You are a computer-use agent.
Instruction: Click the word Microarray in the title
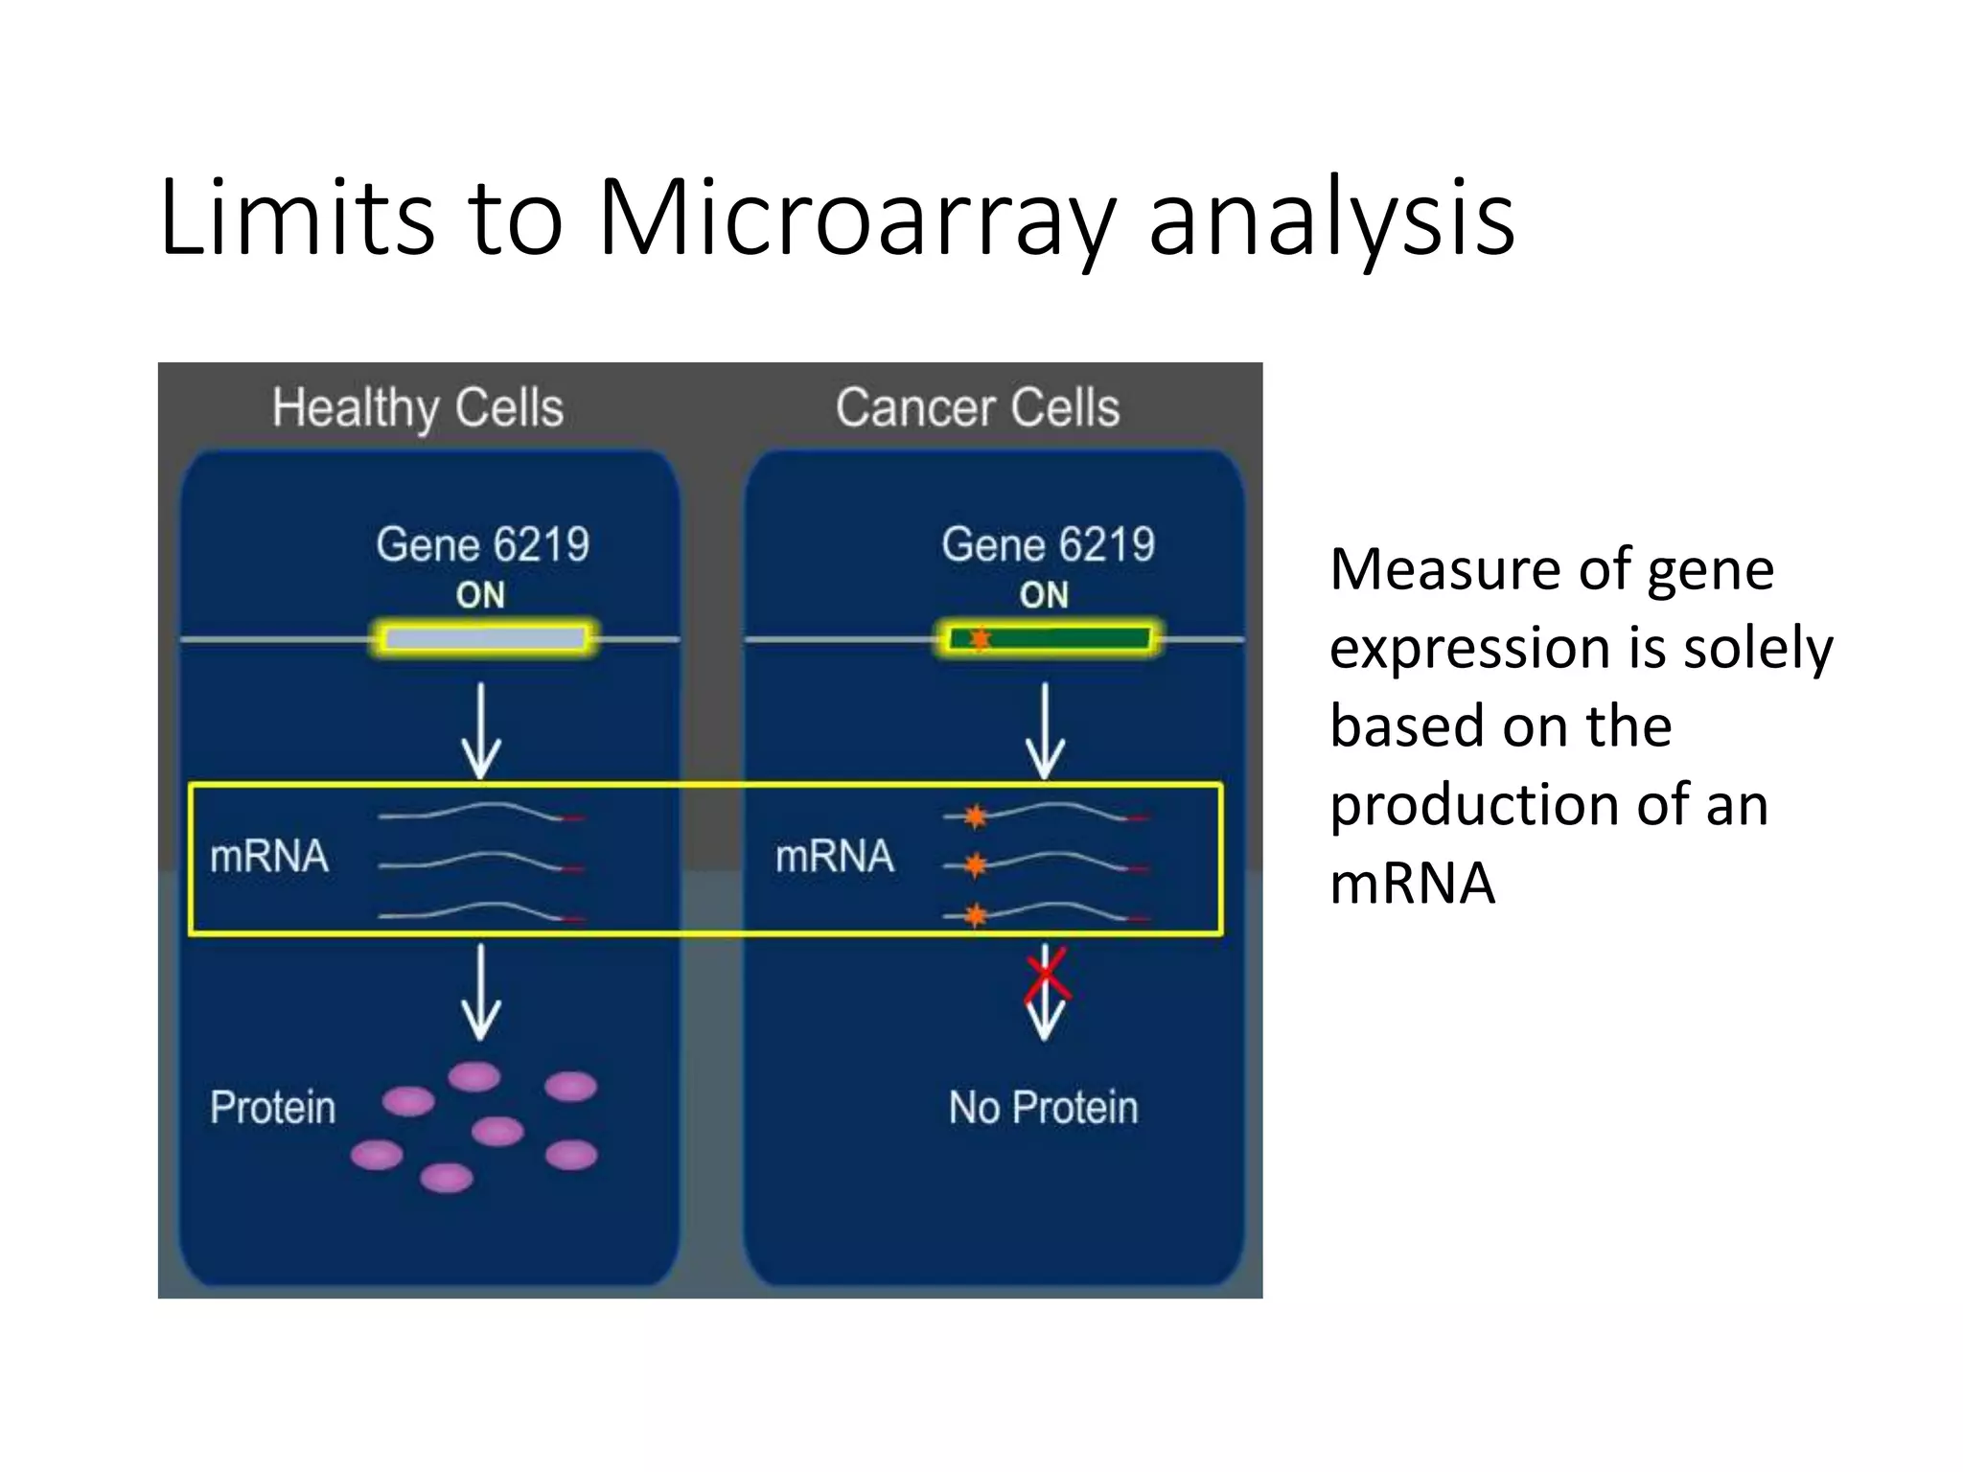pos(856,218)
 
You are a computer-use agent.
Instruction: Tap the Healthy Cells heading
pos(417,408)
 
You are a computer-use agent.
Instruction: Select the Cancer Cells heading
pos(977,408)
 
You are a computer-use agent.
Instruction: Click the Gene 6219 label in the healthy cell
pos(482,545)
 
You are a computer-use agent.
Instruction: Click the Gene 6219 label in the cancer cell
pos(1048,545)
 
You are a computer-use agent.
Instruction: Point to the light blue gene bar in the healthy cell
pos(485,638)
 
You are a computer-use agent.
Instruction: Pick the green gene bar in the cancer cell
pos(1064,638)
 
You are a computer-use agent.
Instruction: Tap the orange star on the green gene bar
pos(980,638)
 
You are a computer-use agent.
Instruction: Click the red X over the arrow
pos(1046,976)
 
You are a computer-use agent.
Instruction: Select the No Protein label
pos(1043,1108)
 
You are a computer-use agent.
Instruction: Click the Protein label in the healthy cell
pos(273,1108)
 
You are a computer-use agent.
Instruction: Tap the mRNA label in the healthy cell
pos(269,856)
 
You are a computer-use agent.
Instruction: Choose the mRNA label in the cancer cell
pos(834,856)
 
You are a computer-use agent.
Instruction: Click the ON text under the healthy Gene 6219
pos(480,596)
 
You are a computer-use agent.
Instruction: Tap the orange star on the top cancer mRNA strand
pos(975,816)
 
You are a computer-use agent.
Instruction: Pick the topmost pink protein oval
pos(474,1077)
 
